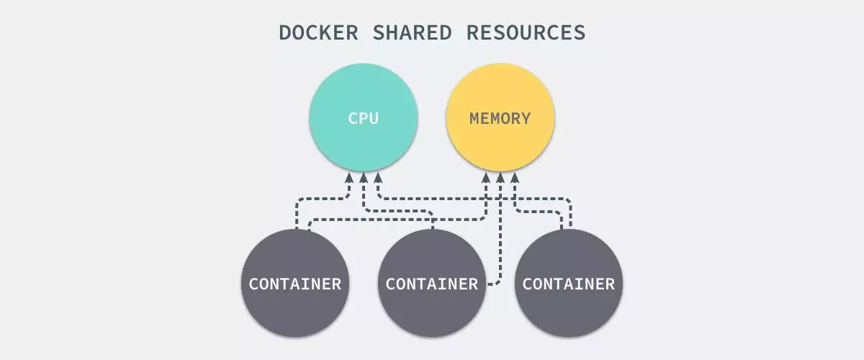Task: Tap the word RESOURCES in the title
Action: coord(526,32)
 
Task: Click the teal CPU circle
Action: coord(364,117)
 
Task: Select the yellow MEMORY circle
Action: coord(500,117)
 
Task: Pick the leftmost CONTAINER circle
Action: coord(295,283)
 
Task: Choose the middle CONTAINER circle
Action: coord(432,283)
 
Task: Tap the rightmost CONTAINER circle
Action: coord(569,283)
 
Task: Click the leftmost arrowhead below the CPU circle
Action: coord(350,177)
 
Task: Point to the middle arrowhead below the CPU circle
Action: coord(364,177)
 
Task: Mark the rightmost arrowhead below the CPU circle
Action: coord(377,177)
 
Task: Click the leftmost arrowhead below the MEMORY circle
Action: coord(487,177)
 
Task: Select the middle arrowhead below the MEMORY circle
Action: coord(500,177)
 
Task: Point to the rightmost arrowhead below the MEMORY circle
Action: coord(514,177)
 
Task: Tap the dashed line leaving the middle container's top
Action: coord(432,220)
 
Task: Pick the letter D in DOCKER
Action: coord(285,32)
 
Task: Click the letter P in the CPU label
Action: coord(364,118)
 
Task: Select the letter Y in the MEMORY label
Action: coord(525,118)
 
